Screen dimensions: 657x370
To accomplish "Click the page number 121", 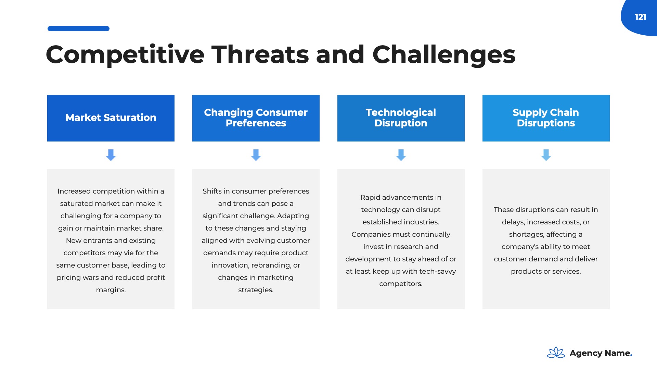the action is (640, 17).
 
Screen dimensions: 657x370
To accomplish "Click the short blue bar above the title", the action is (78, 28).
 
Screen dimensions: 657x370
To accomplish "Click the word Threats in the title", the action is (260, 54).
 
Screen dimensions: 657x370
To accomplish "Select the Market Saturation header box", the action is (111, 118).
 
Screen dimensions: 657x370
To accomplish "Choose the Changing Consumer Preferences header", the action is (256, 118).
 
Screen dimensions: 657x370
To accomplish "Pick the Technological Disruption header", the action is (401, 118).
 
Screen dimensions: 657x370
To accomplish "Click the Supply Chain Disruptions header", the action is (546, 118).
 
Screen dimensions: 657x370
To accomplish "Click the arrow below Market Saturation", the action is (111, 155).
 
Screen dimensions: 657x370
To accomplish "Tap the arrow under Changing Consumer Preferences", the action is (256, 155).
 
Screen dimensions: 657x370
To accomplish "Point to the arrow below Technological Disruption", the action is (401, 155).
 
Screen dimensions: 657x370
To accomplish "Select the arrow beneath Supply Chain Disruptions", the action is (546, 155).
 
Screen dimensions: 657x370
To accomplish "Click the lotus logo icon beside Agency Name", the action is (556, 353).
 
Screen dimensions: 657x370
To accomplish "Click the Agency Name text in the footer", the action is (601, 353).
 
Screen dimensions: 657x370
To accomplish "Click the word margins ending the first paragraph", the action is (111, 290).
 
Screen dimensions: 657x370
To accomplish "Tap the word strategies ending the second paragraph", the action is (256, 290).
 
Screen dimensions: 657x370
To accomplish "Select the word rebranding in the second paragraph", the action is (271, 266).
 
